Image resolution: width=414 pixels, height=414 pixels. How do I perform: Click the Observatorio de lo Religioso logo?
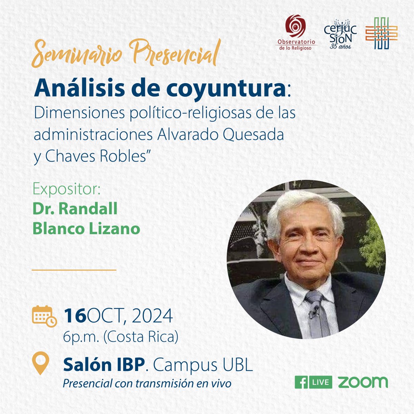coord(295,32)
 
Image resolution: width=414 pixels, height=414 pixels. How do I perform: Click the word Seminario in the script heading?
coord(78,55)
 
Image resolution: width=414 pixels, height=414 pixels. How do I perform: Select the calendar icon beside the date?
coord(44,316)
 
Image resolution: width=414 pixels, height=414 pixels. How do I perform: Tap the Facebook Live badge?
coord(313,382)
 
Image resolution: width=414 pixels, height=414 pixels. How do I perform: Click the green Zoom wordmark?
coord(363,382)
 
